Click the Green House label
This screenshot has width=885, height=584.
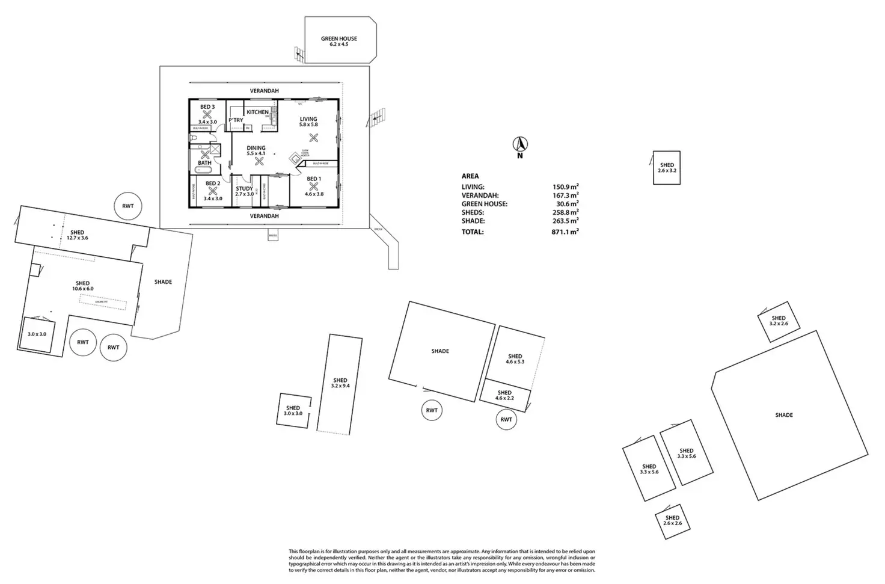(339, 41)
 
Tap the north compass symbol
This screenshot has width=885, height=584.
(520, 145)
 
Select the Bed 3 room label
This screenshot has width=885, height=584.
(207, 107)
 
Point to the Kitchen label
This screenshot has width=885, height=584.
(258, 112)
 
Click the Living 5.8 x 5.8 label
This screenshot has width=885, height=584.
(308, 121)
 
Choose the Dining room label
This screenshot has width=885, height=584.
(256, 150)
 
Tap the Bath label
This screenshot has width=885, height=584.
(204, 162)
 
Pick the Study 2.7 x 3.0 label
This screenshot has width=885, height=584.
(244, 191)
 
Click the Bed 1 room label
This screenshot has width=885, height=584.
(314, 179)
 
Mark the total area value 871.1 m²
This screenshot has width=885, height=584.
(566, 232)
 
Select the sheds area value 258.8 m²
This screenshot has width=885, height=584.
(566, 212)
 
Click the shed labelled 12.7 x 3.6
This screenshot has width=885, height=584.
(77, 235)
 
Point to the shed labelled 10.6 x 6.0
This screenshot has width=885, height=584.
(83, 286)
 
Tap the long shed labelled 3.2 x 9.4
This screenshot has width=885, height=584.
(340, 383)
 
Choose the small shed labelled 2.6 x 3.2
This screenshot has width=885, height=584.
(667, 167)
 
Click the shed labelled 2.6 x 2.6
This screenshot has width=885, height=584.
(672, 520)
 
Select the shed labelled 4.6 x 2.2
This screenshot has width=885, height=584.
(504, 395)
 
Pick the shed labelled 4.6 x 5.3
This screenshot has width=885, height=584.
(515, 358)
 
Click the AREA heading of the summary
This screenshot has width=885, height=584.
(470, 176)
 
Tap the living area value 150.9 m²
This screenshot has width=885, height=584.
(566, 187)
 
